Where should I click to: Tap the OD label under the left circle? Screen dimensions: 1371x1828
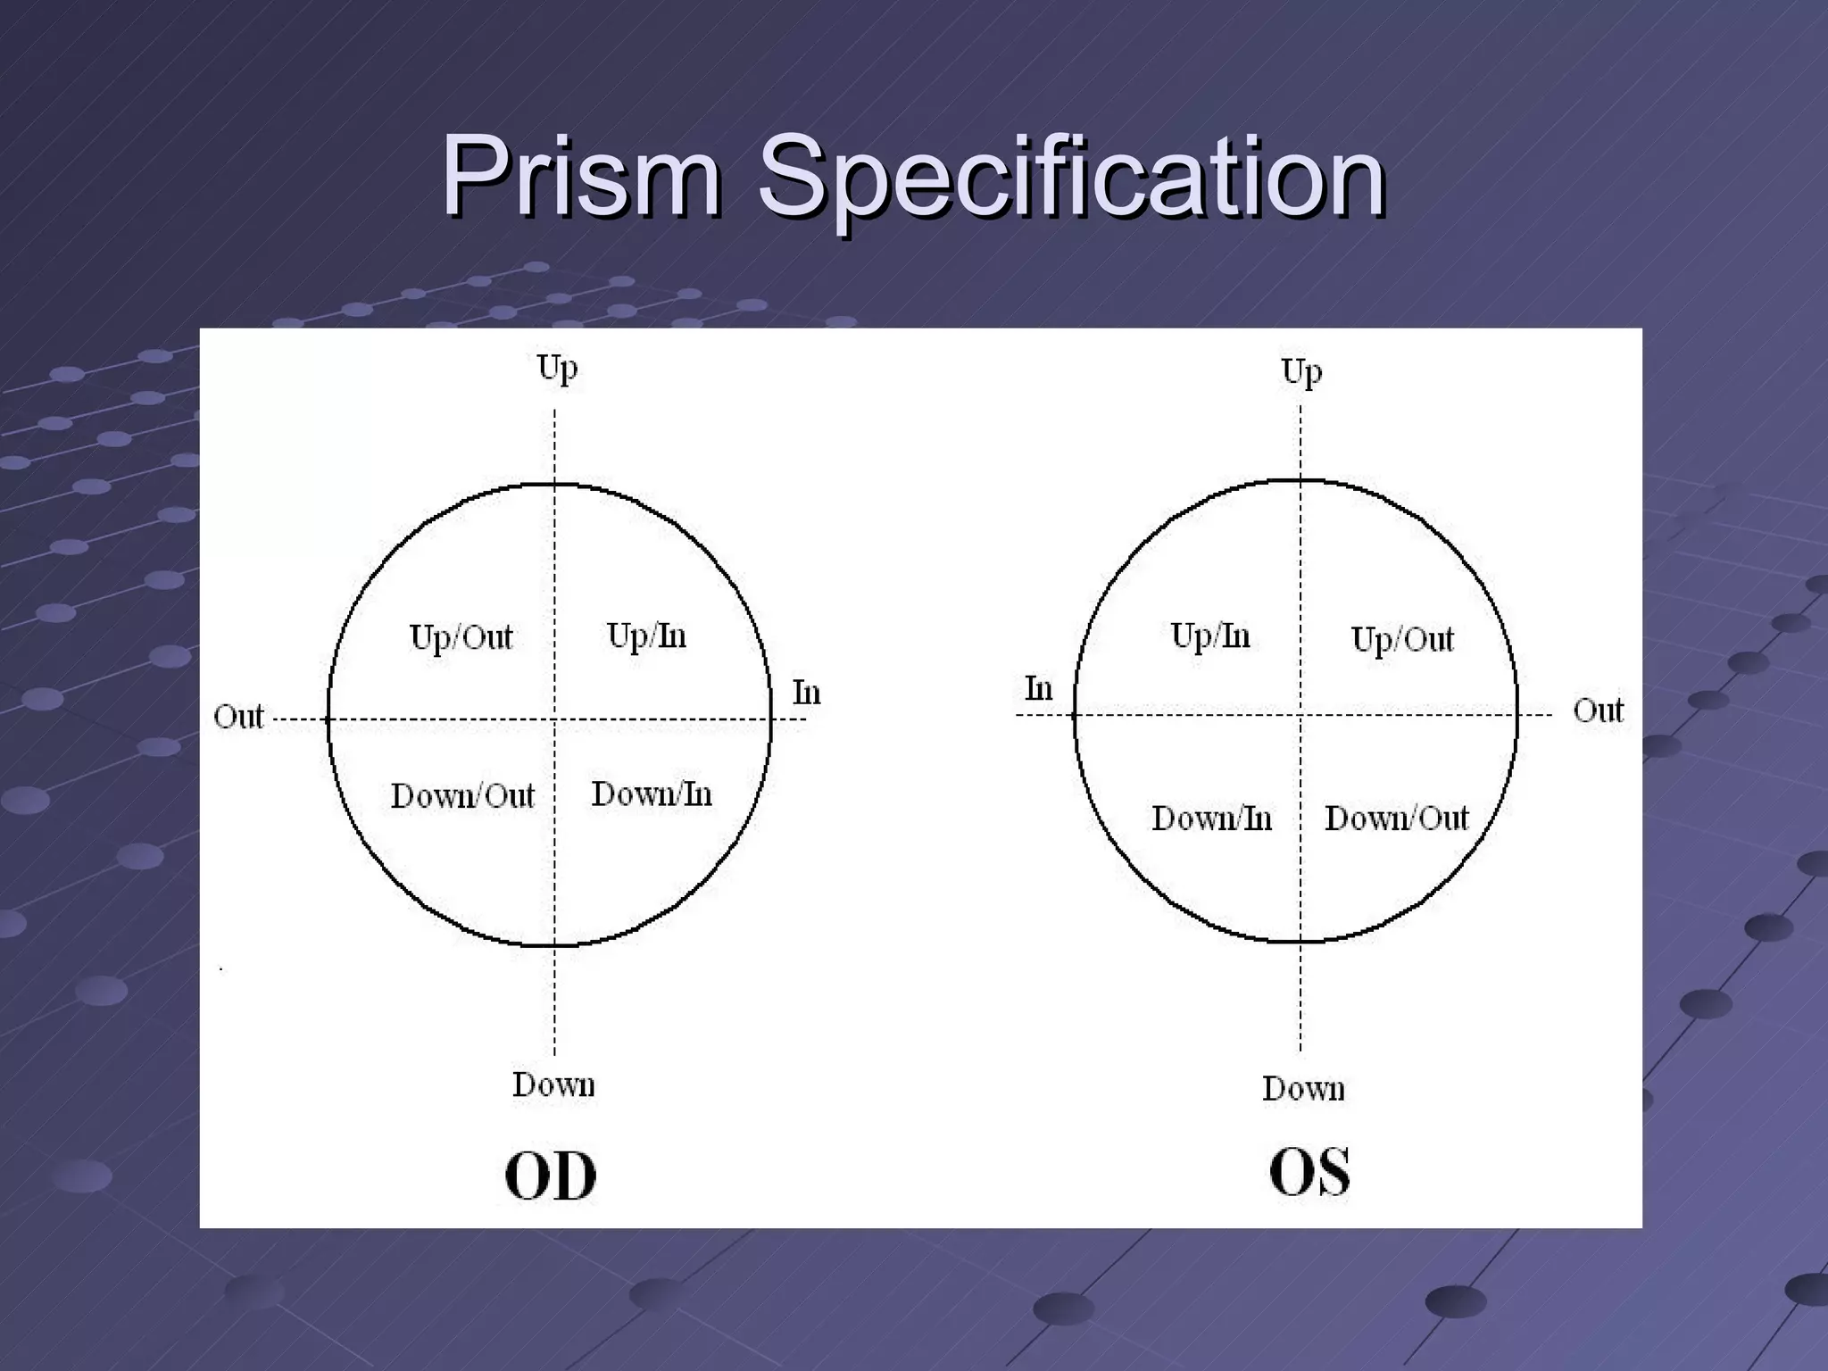550,1176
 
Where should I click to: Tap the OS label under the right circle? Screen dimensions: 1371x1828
1309,1171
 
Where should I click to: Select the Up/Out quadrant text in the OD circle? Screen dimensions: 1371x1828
461,638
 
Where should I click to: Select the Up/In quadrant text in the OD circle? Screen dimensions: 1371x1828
646,636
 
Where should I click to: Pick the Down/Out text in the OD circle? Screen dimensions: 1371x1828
462,795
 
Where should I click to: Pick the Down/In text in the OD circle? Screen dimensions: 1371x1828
652,794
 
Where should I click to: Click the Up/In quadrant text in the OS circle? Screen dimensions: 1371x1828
1209,636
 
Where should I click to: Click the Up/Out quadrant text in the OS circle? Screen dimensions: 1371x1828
1401,640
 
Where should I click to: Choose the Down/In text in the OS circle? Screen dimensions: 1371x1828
1211,818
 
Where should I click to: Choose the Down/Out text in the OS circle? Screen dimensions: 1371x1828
1396,818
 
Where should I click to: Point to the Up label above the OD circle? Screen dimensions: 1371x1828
557,368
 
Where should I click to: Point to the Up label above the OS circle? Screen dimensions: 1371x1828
1301,371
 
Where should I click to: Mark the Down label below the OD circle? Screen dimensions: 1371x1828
553,1084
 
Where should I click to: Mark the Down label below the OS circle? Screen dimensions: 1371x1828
1303,1088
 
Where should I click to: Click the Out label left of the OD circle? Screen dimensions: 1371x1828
238,716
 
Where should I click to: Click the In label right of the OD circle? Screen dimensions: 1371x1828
806,693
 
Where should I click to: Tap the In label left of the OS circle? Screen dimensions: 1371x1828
1038,689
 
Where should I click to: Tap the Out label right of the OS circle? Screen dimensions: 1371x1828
1598,710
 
